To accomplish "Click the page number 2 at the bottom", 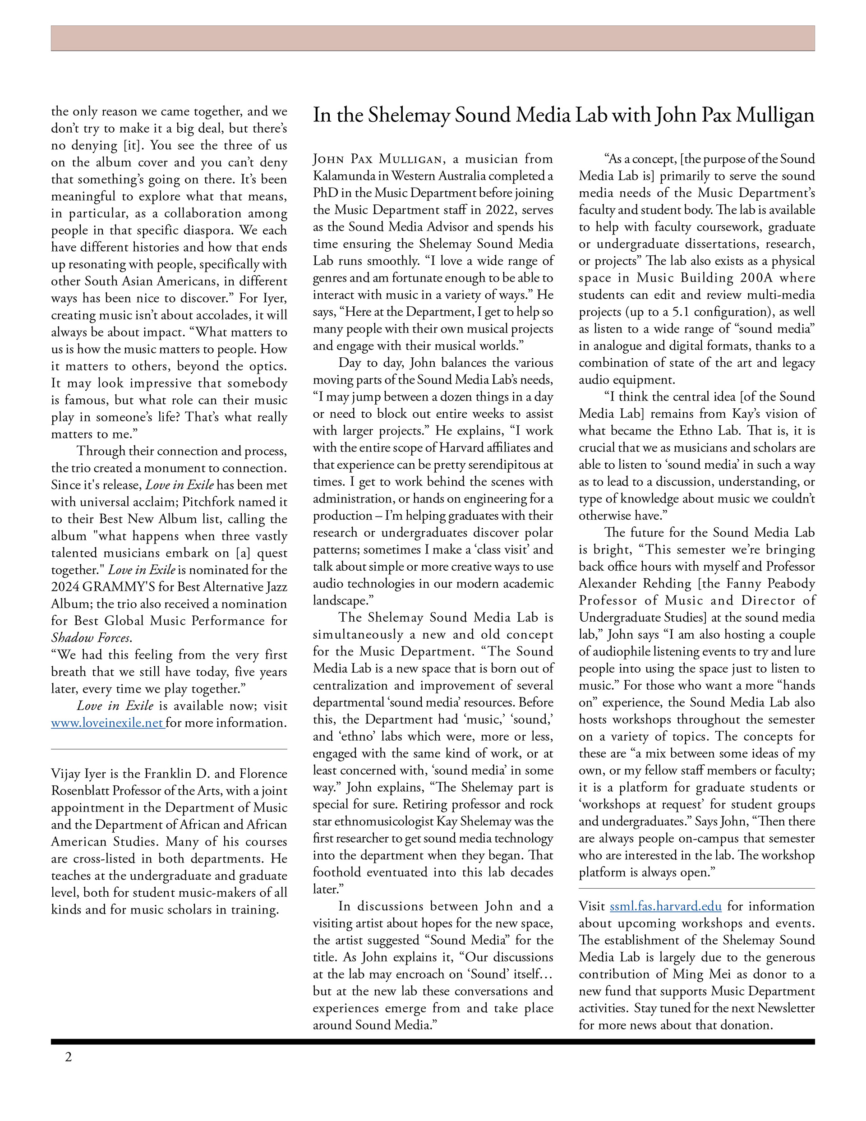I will coord(68,1057).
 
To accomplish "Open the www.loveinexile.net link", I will coord(107,723).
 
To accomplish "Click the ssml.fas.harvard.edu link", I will coord(665,906).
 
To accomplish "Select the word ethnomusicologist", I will coord(383,821).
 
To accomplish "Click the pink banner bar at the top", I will coord(433,38).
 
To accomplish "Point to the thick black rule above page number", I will coord(433,1042).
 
